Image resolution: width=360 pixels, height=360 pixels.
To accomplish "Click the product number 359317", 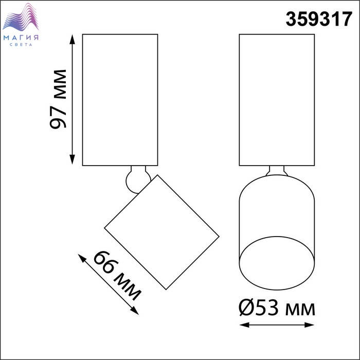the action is tap(319, 20).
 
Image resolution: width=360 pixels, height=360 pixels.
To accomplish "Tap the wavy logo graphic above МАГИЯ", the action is tap(21, 17).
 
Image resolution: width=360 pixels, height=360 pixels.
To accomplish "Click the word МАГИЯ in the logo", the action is tap(21, 38).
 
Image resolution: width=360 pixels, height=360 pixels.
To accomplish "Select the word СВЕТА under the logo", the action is tap(21, 45).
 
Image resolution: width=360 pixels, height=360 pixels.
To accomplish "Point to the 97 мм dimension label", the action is tap(58, 99).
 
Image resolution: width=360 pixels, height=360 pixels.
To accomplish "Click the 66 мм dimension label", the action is tap(117, 275).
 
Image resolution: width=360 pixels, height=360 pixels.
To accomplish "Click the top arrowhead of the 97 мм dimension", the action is tap(73, 39).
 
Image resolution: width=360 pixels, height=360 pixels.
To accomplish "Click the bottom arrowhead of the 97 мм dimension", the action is tap(73, 159).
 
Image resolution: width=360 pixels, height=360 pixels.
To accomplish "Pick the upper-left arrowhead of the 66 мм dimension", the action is tap(81, 258).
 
